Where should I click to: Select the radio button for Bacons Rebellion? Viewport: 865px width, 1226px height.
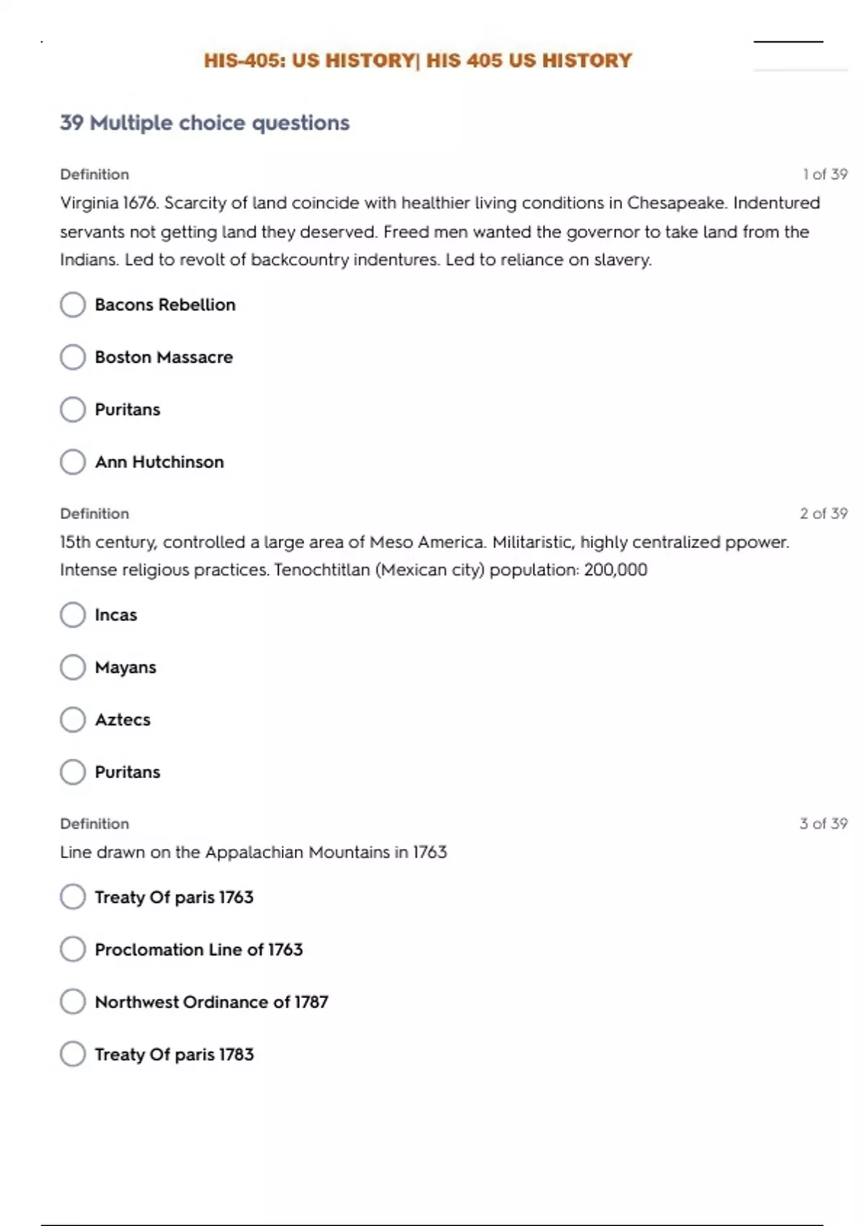pos(73,304)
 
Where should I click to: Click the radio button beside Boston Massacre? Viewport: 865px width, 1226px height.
pos(73,357)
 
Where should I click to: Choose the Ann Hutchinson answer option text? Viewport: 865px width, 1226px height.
pos(159,462)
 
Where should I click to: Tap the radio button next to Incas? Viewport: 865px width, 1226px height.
pos(73,614)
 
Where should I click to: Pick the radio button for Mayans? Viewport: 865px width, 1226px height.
pos(73,667)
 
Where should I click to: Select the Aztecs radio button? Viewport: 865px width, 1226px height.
pos(73,720)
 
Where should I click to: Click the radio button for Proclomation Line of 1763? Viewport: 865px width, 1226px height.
pos(73,949)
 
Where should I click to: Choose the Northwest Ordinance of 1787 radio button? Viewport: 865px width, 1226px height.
pos(73,1002)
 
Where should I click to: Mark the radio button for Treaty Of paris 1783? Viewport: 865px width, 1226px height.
pos(73,1054)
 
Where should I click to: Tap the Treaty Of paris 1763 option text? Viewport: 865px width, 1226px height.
pos(174,897)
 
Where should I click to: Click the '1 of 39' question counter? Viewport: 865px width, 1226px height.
pos(825,174)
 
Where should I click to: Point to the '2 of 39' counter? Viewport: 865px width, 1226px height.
pos(823,513)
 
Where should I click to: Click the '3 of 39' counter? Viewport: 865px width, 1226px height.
pos(823,824)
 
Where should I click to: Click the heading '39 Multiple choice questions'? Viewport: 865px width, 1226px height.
pos(205,123)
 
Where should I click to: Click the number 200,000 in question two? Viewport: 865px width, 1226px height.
pos(616,570)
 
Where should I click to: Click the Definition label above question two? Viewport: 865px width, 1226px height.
pos(94,513)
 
